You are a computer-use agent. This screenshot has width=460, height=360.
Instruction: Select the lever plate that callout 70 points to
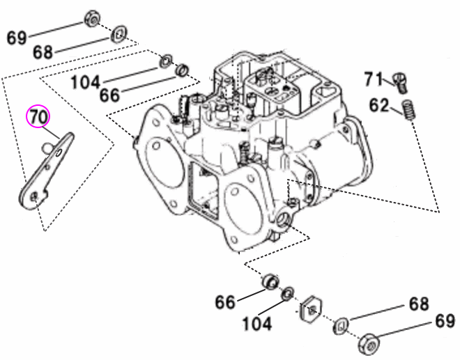(x=45, y=171)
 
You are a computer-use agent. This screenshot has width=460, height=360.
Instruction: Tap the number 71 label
(x=374, y=79)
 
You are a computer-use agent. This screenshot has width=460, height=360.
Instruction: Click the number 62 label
(x=379, y=105)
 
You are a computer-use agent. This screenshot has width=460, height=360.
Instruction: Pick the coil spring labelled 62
(x=411, y=110)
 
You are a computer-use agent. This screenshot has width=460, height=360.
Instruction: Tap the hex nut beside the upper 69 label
(x=92, y=19)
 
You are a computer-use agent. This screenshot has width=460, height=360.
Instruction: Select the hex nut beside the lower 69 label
(x=367, y=343)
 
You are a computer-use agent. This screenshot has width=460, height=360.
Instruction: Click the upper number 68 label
(x=43, y=52)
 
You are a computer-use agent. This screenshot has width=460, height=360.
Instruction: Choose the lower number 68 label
(x=419, y=305)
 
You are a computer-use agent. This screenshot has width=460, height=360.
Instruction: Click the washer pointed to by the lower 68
(x=341, y=324)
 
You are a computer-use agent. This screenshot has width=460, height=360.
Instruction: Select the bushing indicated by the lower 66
(x=269, y=282)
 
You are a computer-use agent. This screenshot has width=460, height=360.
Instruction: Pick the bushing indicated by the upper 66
(x=183, y=70)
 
